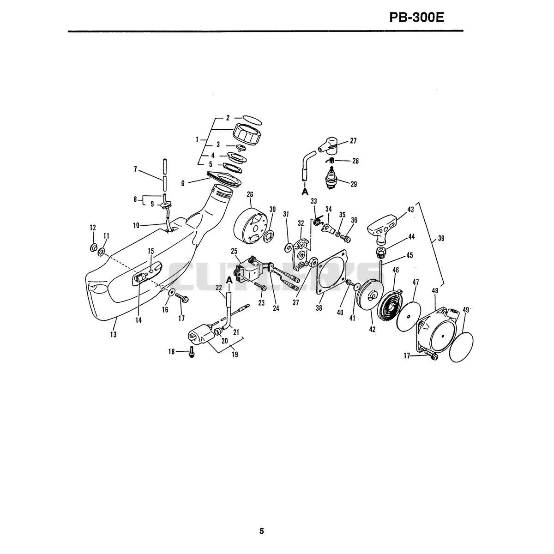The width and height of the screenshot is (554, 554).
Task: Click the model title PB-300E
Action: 416,18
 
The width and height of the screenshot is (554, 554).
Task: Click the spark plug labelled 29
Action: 331,177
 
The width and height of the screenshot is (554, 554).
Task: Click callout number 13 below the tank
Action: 113,334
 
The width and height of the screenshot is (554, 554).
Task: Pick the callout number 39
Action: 441,238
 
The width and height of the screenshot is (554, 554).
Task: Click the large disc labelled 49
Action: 461,347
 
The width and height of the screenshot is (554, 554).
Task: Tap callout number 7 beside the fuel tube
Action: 135,169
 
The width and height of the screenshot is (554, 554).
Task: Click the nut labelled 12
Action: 93,247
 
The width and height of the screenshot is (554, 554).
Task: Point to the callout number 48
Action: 435,291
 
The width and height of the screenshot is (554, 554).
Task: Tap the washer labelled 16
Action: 172,293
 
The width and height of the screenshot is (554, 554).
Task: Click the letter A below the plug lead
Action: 305,192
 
